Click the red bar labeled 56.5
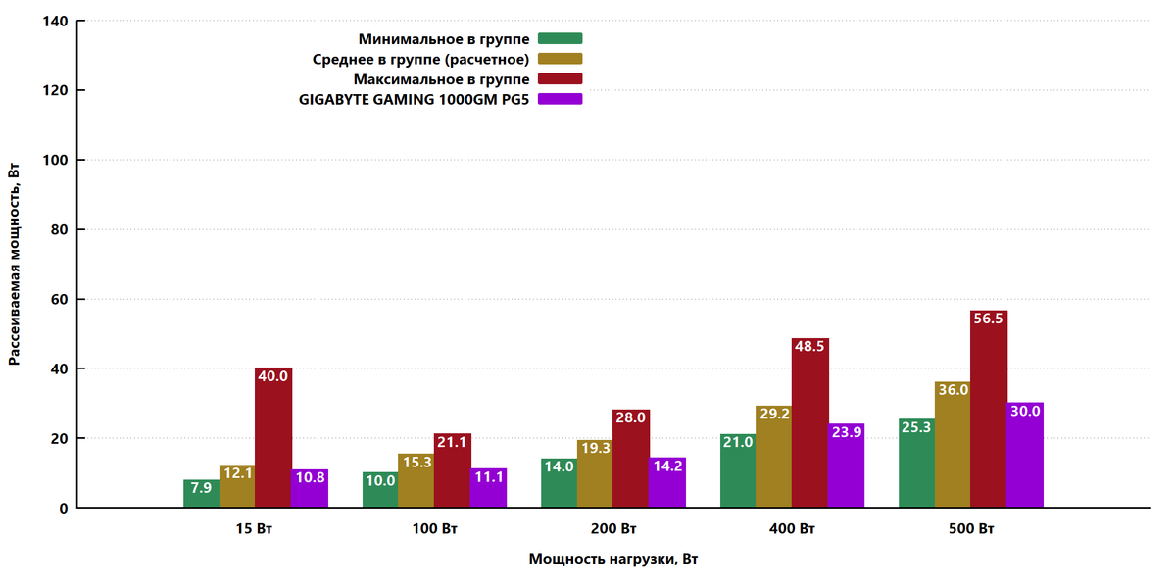(989, 409)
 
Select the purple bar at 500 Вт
(1025, 455)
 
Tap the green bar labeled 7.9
(202, 494)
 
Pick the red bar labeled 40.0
(273, 437)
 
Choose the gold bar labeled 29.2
(774, 457)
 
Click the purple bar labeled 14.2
(667, 482)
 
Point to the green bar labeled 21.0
(738, 471)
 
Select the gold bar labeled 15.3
(416, 480)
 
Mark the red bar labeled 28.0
(631, 459)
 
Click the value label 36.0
(954, 390)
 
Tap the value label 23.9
(847, 432)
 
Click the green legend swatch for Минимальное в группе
(561, 38)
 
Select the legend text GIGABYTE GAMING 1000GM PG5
(414, 100)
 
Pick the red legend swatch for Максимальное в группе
(561, 78)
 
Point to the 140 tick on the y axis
(56, 21)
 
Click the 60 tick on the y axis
(60, 299)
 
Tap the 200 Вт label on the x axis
(613, 528)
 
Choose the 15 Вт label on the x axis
(254, 528)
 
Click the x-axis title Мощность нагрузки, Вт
(613, 559)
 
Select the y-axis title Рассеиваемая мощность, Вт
(14, 264)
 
